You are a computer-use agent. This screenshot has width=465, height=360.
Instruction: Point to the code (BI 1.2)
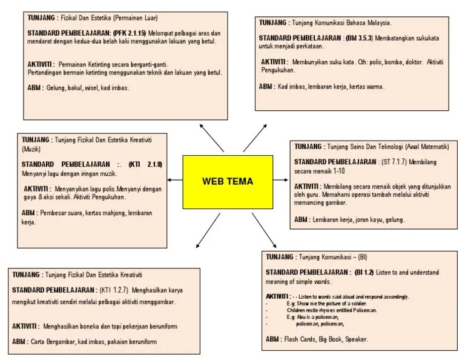point(364,272)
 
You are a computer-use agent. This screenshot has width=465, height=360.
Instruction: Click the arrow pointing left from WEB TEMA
point(175,181)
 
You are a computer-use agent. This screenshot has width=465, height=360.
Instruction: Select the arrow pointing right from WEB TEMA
point(279,181)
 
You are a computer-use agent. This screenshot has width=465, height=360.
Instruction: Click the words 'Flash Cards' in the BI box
point(300,339)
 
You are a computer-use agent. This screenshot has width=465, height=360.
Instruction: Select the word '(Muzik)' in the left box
point(30,148)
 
